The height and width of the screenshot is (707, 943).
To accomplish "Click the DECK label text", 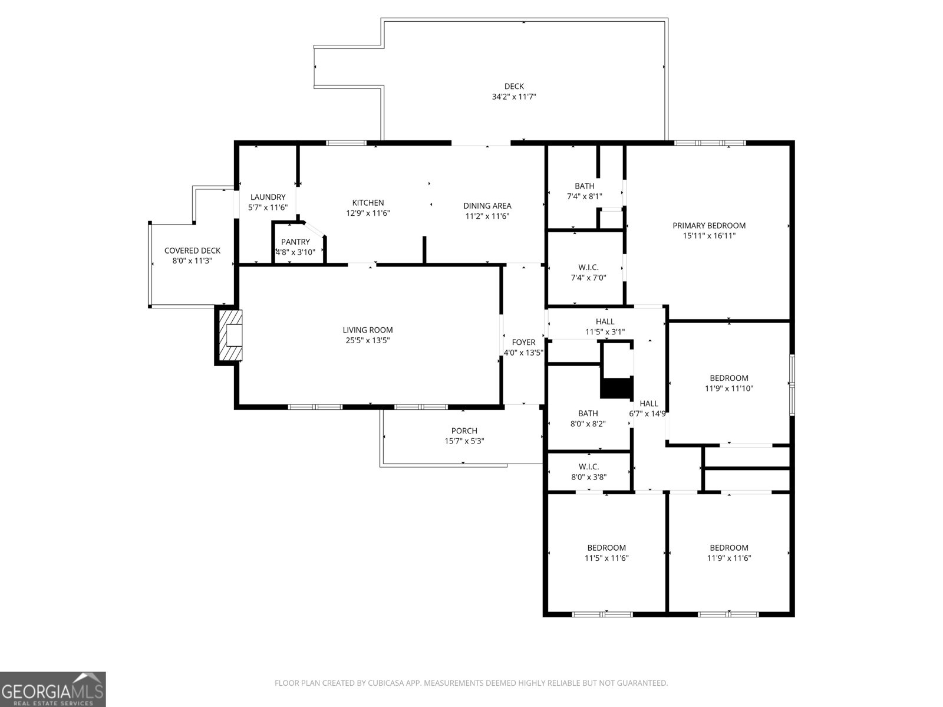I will coord(513,87).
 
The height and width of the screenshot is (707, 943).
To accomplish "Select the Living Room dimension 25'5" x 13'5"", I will coord(368,340).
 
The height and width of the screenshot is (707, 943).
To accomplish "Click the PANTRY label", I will coord(295,242).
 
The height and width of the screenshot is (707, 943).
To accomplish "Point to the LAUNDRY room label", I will coord(268,197).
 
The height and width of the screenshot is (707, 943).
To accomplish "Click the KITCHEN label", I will coord(368,203).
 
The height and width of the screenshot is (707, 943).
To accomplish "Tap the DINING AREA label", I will coord(487,206).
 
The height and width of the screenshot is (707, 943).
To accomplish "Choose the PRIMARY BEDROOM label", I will coord(709,225).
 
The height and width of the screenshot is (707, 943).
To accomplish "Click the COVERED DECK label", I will coord(192,251).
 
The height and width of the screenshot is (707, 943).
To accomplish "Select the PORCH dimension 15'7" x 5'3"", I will coord(464,441).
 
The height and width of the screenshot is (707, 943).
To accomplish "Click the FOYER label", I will coord(523,342).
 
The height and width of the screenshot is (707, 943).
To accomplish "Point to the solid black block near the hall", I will coord(616,389).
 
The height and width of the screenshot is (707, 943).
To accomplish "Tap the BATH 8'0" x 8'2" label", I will coord(588,413).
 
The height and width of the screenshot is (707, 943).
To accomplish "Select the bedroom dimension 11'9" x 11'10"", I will coord(729,389).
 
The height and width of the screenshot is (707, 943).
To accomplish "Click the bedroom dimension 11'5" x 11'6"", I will coord(606,558).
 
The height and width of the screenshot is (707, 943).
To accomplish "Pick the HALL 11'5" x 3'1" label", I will coord(605,321).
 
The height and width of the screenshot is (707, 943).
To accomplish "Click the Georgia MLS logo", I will coord(53,689).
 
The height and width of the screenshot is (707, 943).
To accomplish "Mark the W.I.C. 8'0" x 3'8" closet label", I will coord(589,466).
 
